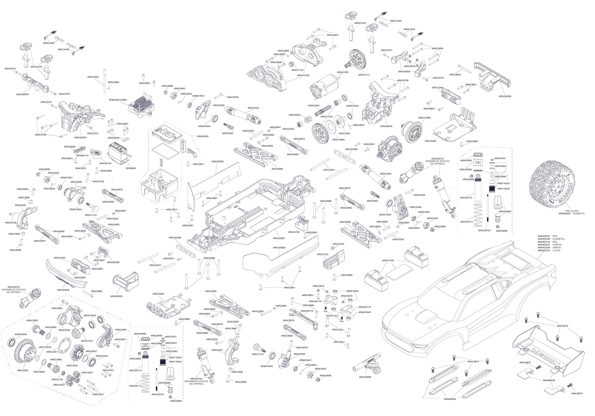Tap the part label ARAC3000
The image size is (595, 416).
tap(93, 77)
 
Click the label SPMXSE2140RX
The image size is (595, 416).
tap(118, 100)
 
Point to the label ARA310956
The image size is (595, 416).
tap(424, 118)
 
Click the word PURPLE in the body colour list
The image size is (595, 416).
tap(557, 245)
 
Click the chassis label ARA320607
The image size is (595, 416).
tap(279, 238)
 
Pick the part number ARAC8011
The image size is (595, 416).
tap(98, 394)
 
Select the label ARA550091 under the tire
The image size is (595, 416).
tap(565, 214)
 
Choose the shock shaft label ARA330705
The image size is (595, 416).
tap(484, 230)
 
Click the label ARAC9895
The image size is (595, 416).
tap(347, 275)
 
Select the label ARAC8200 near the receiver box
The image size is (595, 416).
tap(203, 136)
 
